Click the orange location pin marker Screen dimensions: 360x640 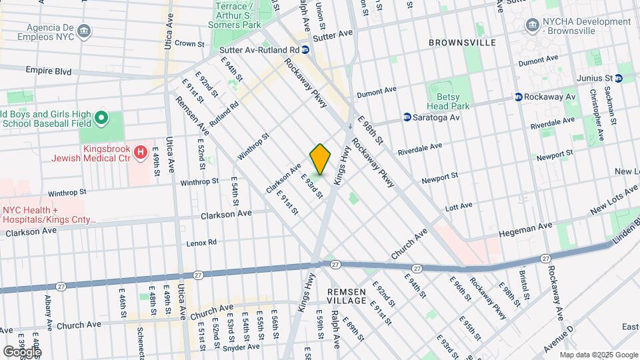pyautogui.click(x=321, y=159)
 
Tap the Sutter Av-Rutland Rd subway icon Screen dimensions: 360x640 pyautogui.click(x=305, y=49)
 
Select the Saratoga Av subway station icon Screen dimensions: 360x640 pyautogui.click(x=407, y=117)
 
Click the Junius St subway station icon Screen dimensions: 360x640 pyautogui.click(x=620, y=77)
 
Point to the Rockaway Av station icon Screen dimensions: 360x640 pyautogui.click(x=517, y=97)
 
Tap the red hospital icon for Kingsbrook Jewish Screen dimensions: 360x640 pyautogui.click(x=140, y=153)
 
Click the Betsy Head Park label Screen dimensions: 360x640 pyautogui.click(x=448, y=101)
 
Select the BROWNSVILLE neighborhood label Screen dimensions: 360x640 pyautogui.click(x=462, y=43)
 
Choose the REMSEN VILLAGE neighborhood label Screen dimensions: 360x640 pyautogui.click(x=346, y=297)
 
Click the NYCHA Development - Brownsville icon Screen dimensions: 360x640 pyautogui.click(x=532, y=25)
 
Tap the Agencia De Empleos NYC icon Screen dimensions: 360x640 pyautogui.click(x=83, y=31)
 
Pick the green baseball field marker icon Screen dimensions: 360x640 pyautogui.click(x=101, y=119)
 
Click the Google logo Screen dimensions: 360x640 pyautogui.click(x=22, y=351)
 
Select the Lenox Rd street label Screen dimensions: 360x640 pyautogui.click(x=202, y=243)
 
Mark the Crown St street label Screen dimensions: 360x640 pyautogui.click(x=189, y=43)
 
